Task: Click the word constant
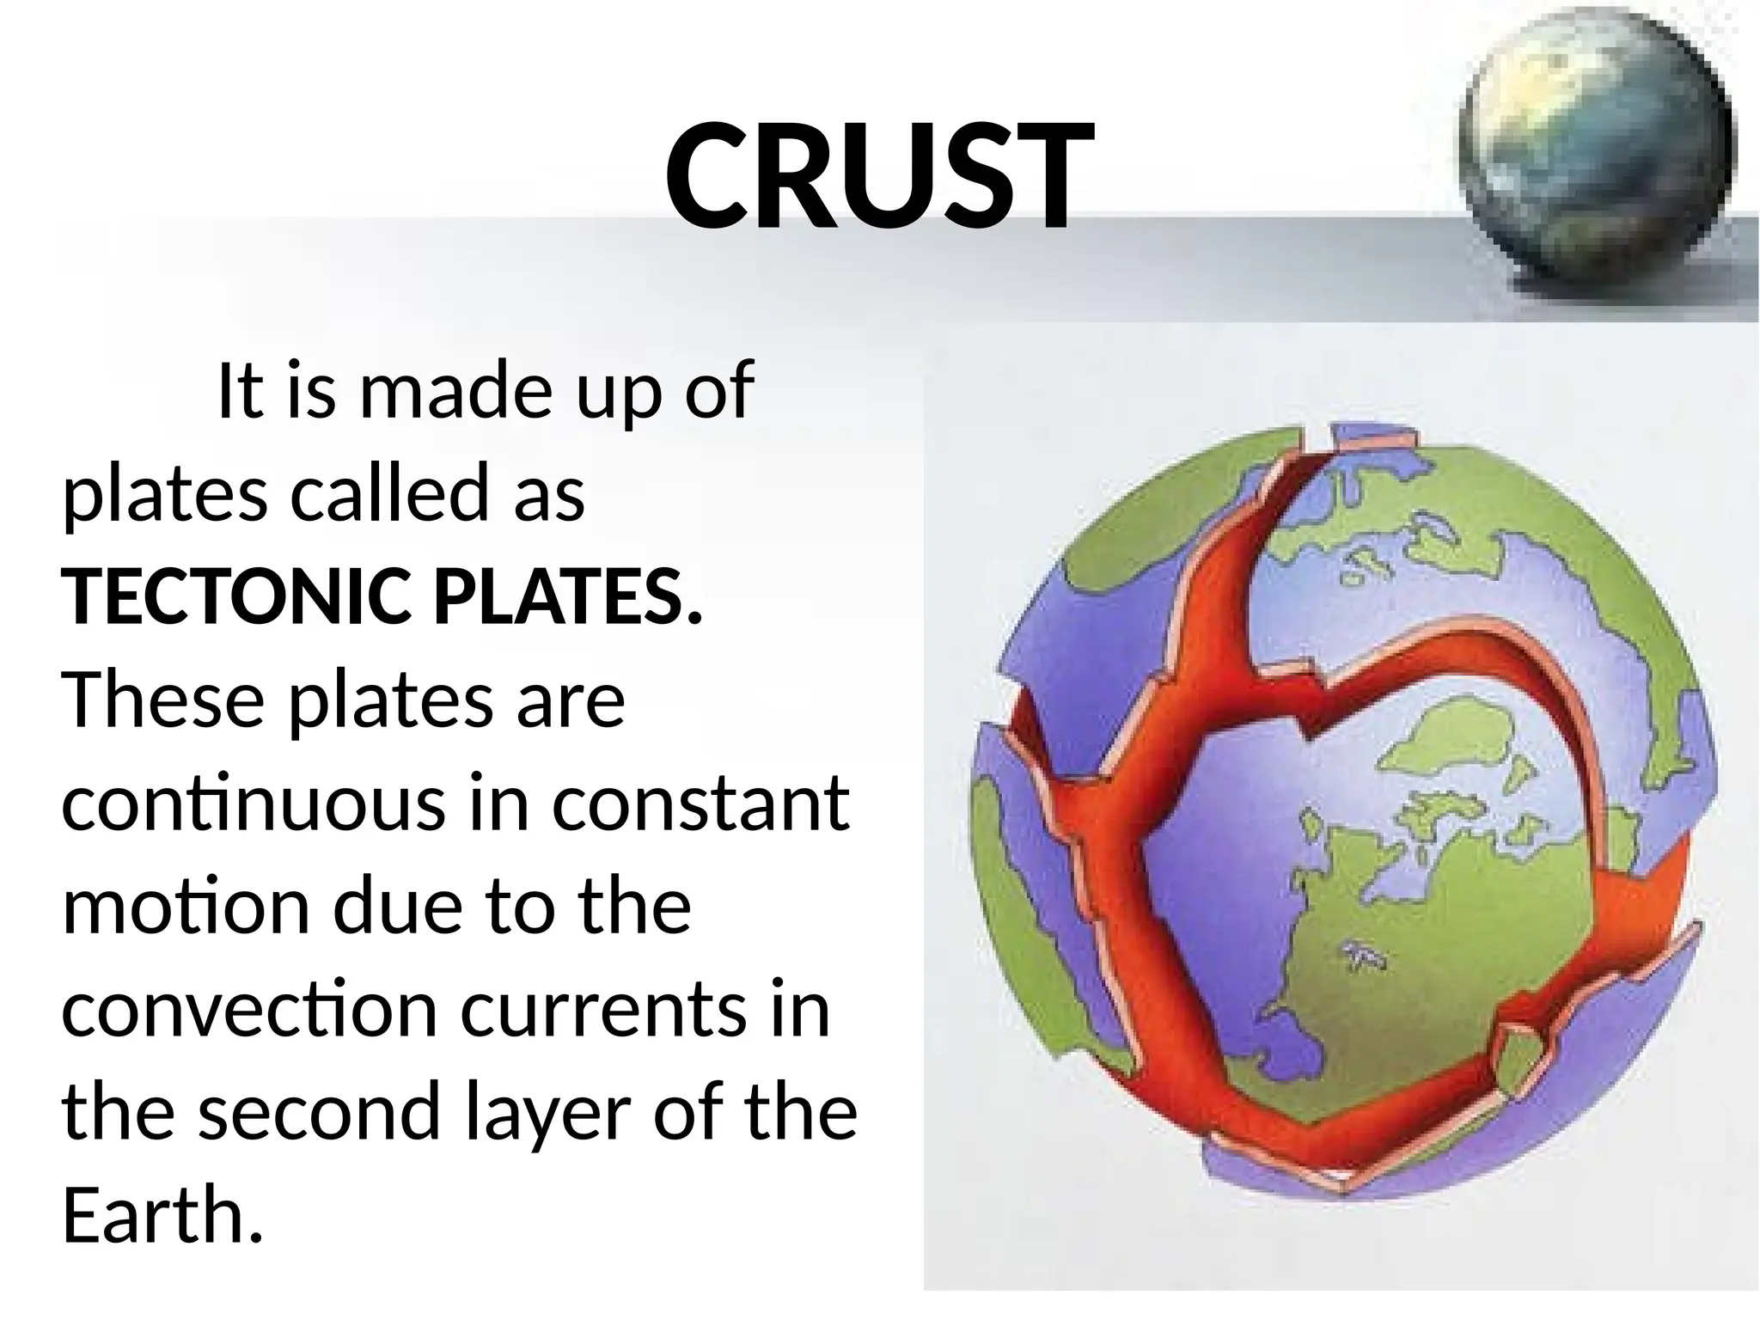[x=700, y=804]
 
